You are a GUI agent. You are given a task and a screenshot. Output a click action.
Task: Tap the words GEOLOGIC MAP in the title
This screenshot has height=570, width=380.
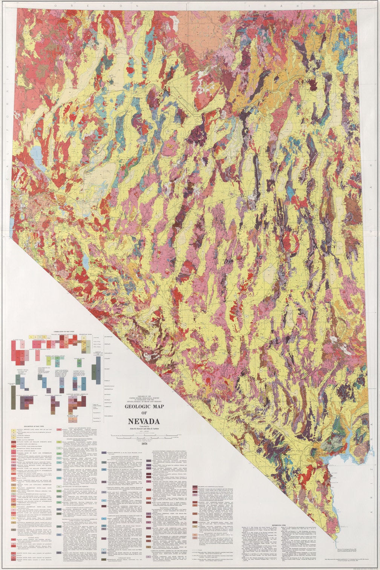143,407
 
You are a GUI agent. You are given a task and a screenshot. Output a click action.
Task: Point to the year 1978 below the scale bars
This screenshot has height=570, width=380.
143,444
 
